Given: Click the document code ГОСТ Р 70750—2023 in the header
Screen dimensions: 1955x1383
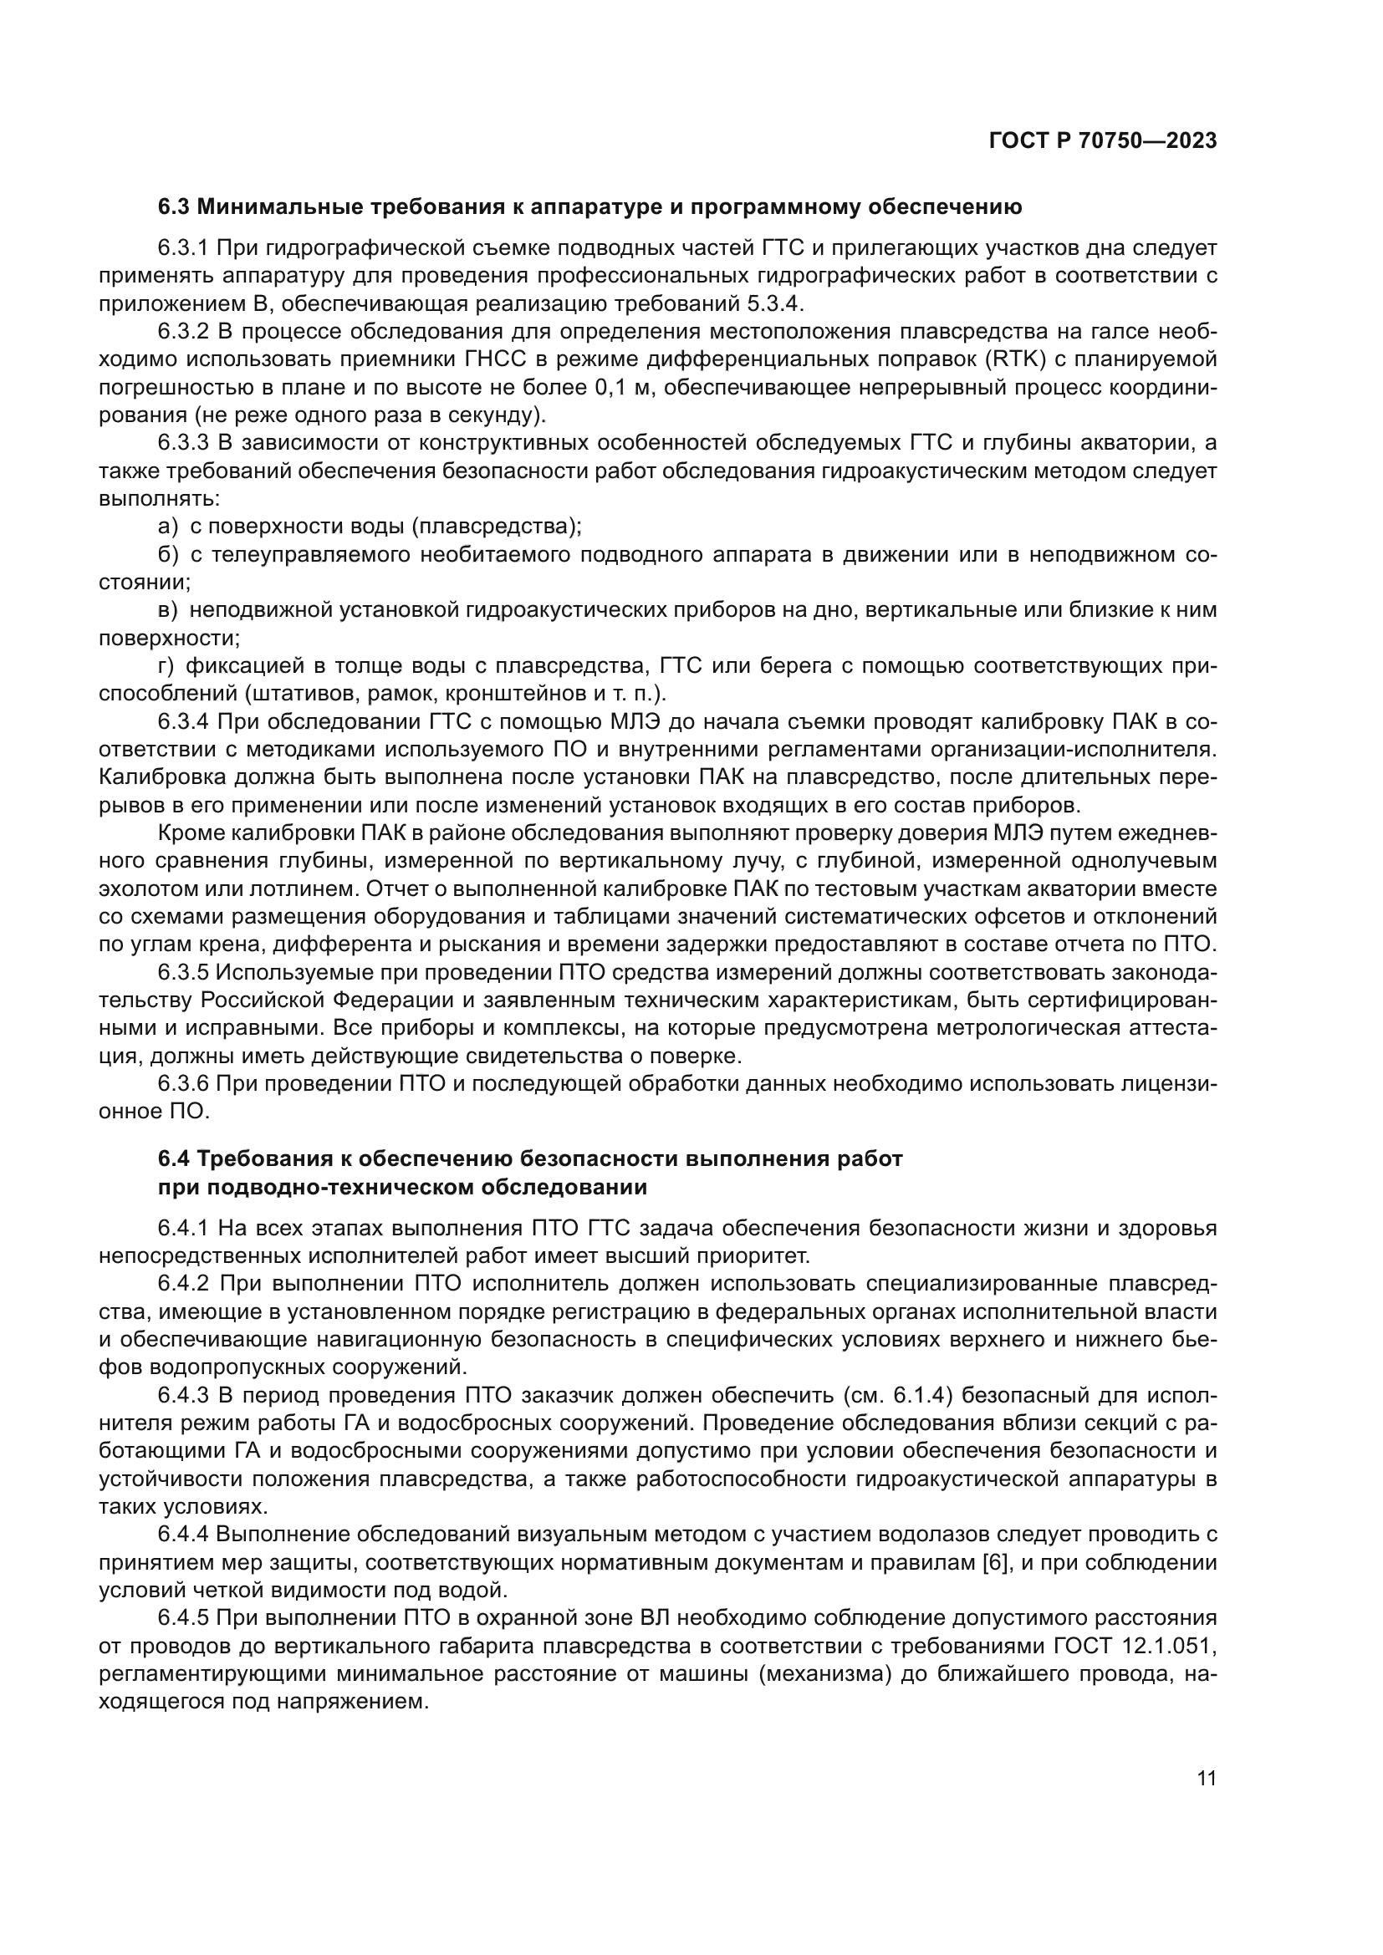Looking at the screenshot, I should [1103, 141].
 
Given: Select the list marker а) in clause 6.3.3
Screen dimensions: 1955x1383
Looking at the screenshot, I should [169, 527].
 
